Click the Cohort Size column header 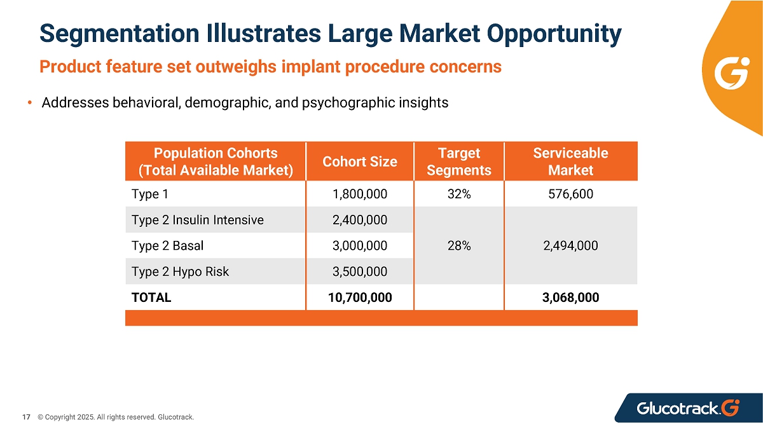(360, 161)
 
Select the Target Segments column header (459, 161)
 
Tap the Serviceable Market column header (570, 161)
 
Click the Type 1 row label (150, 194)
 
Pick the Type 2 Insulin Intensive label (198, 220)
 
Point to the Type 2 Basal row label (167, 245)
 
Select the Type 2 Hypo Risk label (180, 271)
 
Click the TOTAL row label (151, 297)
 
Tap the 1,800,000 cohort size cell (360, 194)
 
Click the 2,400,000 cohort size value (360, 220)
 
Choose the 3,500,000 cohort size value (360, 271)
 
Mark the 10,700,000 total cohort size (360, 297)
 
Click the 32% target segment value (459, 194)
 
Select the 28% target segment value (459, 245)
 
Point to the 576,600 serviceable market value (570, 194)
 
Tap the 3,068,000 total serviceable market (570, 297)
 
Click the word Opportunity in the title (554, 34)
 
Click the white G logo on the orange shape (732, 73)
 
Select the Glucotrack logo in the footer (688, 408)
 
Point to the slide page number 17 (26, 417)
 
